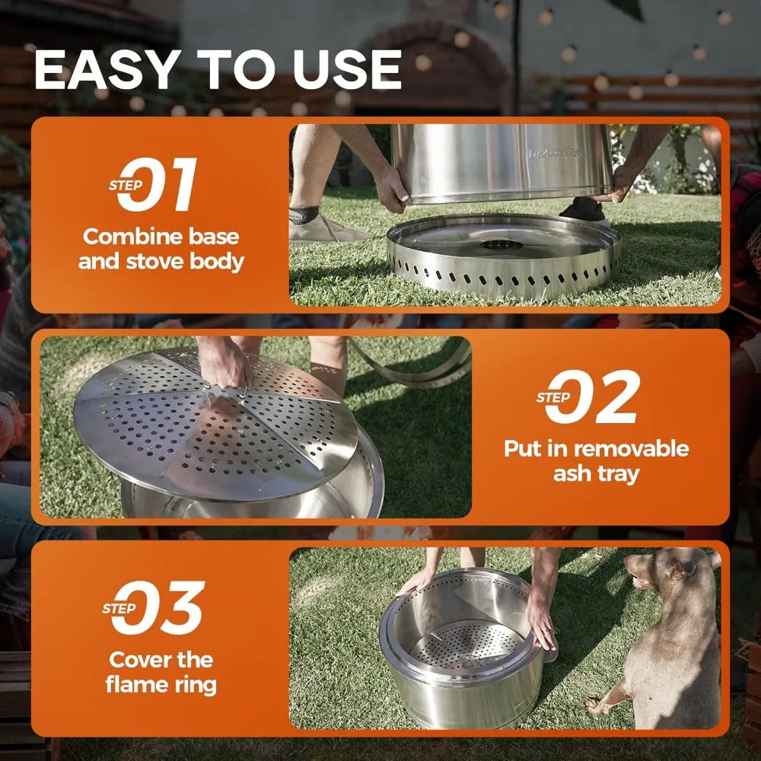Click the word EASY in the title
[106, 70]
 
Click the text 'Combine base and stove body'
[163, 249]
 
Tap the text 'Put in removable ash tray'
[596, 460]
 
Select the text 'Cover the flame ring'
[161, 671]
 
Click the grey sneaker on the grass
[320, 227]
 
